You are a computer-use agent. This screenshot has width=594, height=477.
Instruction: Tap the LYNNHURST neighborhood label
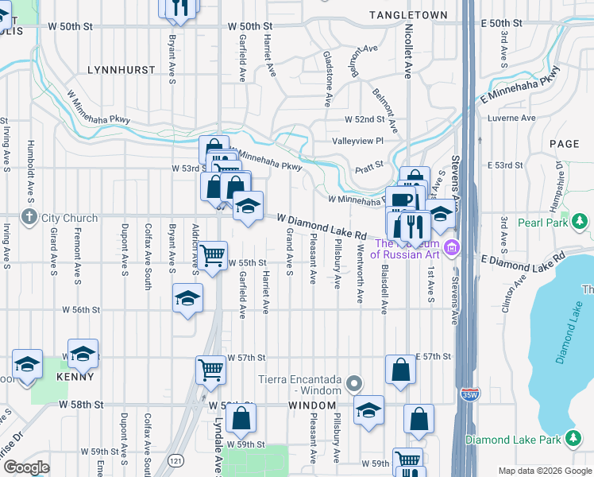[x=121, y=70]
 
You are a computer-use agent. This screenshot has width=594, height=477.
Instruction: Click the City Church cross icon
[x=29, y=217]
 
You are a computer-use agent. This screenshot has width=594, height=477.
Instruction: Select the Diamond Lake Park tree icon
[x=573, y=440]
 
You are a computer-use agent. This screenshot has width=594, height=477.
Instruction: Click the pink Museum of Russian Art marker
[x=452, y=249]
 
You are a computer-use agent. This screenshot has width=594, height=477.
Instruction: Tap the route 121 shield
[x=183, y=461]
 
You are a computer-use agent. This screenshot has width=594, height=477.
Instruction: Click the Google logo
[x=25, y=467]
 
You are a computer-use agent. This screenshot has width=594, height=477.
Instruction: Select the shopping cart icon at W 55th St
[x=212, y=256]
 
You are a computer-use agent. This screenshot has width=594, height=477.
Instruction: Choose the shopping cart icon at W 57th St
[x=210, y=369]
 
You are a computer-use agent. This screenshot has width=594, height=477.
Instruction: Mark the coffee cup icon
[x=401, y=200]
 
